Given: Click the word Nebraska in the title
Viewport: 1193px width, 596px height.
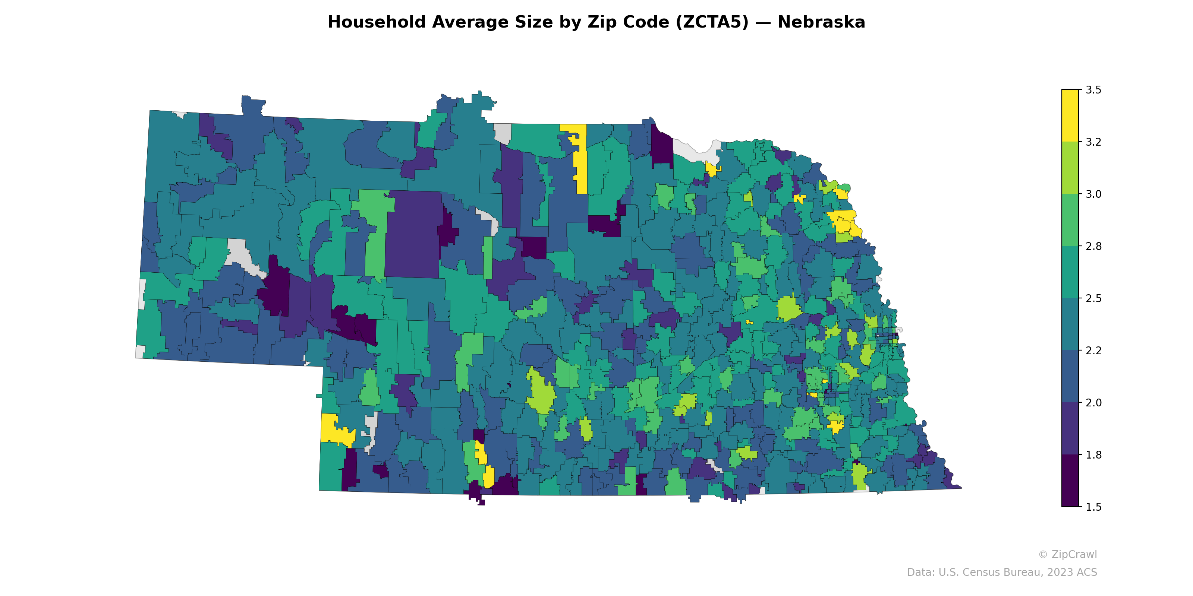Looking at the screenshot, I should coord(821,22).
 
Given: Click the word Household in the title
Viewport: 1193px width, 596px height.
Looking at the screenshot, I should coord(376,22).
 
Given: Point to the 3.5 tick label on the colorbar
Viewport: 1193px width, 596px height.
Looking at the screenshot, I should coord(1093,90).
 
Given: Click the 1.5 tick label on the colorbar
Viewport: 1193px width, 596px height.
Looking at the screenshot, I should coord(1093,507).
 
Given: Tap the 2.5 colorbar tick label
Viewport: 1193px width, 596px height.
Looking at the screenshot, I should coord(1093,298).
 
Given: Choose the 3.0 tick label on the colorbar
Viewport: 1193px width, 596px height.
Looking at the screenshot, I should coord(1093,194).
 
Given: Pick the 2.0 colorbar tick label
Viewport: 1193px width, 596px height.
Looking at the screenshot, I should coord(1093,403).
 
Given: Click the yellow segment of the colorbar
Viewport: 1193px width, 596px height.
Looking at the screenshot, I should coord(1070,116).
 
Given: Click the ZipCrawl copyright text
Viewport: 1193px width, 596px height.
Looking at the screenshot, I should coord(1067,554).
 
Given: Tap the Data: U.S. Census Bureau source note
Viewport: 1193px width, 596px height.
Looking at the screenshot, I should coord(1002,573).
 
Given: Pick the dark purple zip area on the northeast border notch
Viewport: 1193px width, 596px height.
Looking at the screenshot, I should coord(661,146).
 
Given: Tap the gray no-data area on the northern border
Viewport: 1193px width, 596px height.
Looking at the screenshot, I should coord(503,133).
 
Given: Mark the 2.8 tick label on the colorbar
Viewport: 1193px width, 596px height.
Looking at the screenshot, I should coord(1093,246).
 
